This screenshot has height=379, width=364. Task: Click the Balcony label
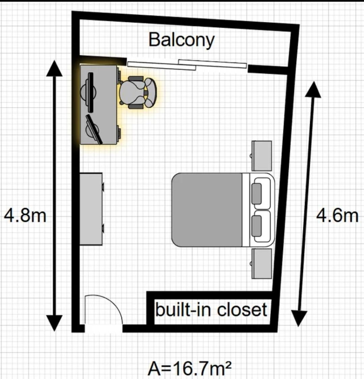[182, 40]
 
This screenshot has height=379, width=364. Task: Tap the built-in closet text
[211, 310]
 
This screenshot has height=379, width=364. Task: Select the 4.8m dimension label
[25, 216]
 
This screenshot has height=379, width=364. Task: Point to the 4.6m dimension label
[337, 216]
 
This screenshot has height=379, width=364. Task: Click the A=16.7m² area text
[189, 368]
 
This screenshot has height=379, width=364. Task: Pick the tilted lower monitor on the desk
[93, 130]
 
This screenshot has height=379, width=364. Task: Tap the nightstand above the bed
[262, 156]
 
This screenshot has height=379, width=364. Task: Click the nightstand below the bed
[262, 264]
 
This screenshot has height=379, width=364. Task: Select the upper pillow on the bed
[256, 194]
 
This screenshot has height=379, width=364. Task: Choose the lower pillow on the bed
[256, 226]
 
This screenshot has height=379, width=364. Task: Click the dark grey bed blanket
[207, 210]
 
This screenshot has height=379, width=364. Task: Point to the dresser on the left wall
[91, 209]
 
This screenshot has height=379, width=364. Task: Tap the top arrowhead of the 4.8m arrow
[55, 68]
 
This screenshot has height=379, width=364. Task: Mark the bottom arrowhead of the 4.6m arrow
[299, 318]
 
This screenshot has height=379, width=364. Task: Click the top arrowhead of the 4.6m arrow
[313, 90]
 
